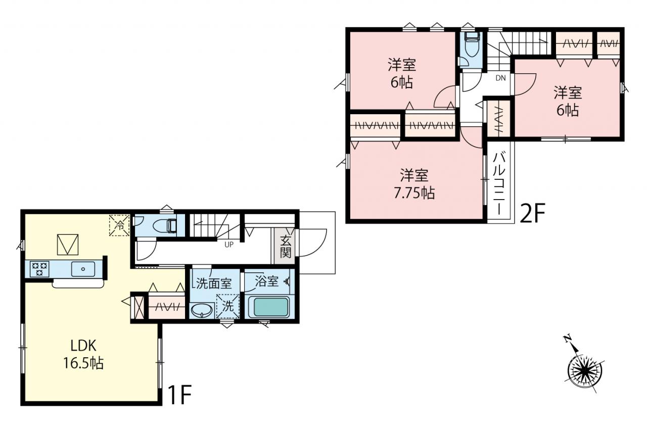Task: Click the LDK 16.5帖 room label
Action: click(83, 355)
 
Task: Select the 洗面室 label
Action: click(214, 283)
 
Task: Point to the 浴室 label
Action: click(266, 281)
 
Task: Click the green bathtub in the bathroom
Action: click(270, 307)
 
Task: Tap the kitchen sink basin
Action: click(83, 269)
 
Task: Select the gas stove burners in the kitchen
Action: click(39, 269)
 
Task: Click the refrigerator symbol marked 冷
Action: click(119, 225)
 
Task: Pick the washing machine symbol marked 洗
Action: click(228, 306)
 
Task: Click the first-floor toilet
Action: click(165, 225)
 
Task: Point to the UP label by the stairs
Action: click(229, 245)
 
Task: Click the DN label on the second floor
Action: click(500, 78)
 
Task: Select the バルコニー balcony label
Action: click(499, 184)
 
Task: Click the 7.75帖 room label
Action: click(414, 184)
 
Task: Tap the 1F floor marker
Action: click(179, 395)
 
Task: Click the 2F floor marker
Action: click(532, 213)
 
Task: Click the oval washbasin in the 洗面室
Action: click(202, 311)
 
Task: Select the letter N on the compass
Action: click(568, 339)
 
